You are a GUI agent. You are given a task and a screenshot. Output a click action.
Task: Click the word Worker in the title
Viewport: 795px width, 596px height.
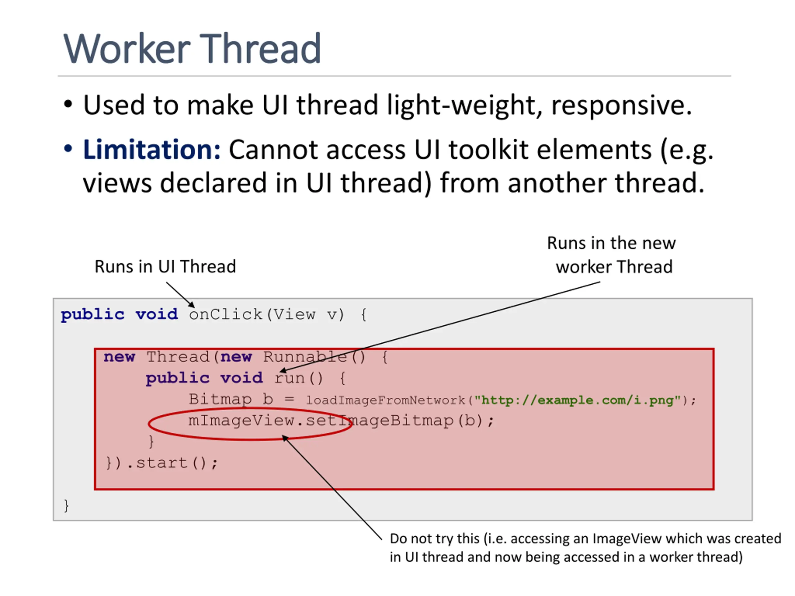point(126,48)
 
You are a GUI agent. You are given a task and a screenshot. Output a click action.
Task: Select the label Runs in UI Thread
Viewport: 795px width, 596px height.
point(165,267)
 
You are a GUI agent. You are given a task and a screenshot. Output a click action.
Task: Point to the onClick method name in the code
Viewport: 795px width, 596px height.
point(225,315)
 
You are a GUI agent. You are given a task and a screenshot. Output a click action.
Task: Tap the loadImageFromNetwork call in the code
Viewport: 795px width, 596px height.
point(385,400)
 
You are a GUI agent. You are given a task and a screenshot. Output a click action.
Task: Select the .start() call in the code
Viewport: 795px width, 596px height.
point(172,463)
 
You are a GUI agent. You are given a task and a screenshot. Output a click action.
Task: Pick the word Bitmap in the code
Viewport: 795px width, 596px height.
point(220,399)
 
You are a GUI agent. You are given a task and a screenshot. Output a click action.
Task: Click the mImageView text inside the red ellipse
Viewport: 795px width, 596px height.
point(241,420)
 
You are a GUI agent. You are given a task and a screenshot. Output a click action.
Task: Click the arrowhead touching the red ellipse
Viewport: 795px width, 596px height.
point(285,438)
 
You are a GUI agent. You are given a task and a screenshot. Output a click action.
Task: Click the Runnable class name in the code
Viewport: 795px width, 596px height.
point(305,357)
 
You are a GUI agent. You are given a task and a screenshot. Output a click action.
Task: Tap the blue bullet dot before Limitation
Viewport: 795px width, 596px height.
point(68,149)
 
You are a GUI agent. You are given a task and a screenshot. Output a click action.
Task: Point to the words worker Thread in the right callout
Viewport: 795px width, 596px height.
point(614,267)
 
